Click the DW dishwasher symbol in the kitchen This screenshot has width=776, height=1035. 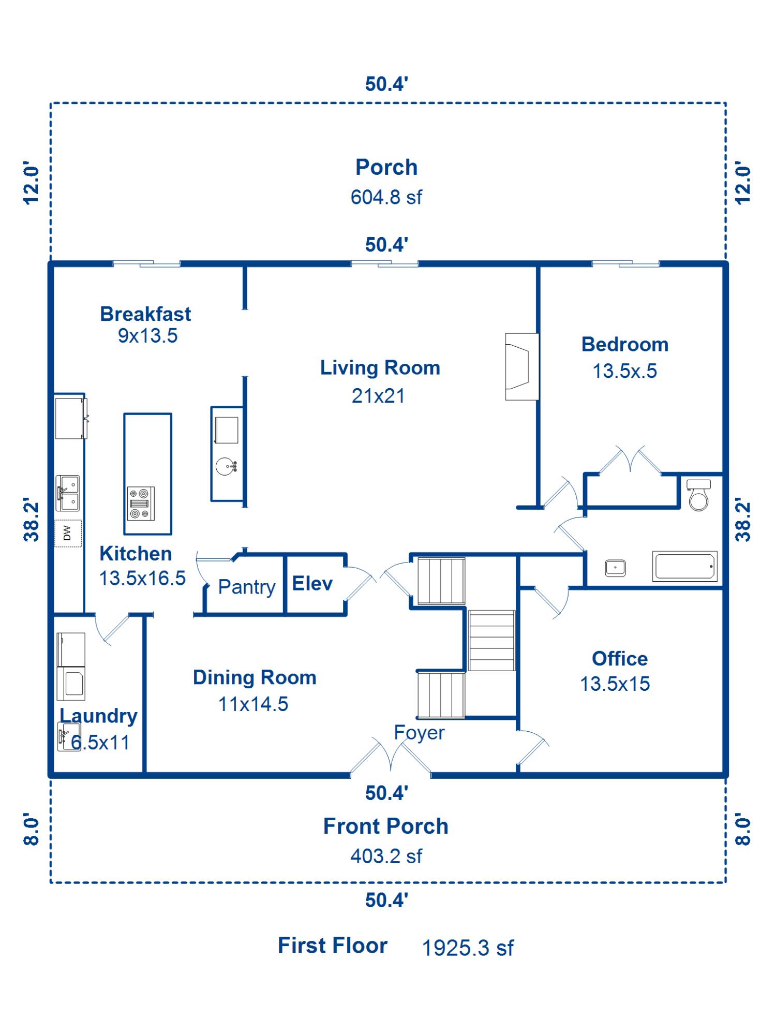[68, 533]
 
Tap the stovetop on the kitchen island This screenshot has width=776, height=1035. [141, 503]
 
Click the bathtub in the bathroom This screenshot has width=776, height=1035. [685, 566]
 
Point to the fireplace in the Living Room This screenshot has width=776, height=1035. [522, 366]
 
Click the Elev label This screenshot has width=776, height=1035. [312, 583]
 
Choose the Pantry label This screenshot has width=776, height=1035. [247, 587]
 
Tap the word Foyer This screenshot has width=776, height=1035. [419, 733]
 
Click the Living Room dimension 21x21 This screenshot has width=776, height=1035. [378, 396]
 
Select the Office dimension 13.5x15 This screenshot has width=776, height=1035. [615, 684]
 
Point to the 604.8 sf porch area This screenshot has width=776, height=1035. [386, 197]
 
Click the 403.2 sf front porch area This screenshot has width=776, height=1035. [386, 856]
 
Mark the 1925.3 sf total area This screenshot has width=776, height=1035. [468, 948]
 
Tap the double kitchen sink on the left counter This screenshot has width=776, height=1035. [68, 493]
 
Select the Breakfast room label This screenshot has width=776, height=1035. [145, 314]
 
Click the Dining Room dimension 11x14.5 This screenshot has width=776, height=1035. [253, 704]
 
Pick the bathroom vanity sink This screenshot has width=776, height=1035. [615, 568]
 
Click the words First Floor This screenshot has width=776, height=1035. [333, 945]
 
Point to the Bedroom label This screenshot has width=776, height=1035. [625, 345]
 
